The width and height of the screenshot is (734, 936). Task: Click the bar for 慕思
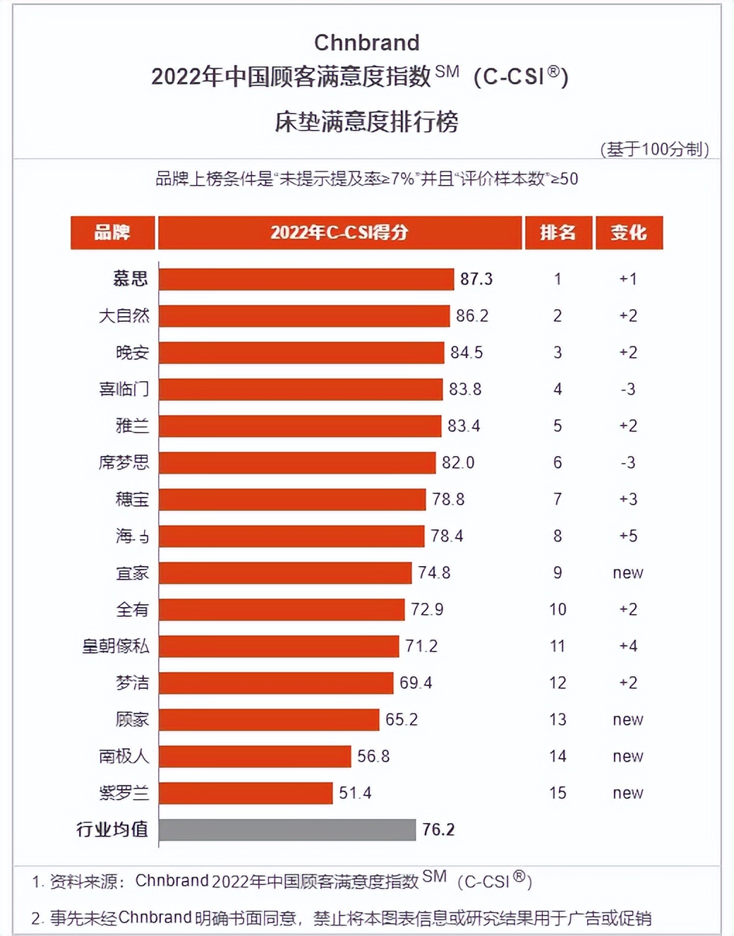point(306,279)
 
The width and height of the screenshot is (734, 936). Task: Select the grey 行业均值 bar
point(287,829)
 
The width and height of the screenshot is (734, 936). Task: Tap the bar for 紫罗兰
point(245,793)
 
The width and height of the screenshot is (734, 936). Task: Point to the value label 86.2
point(472,316)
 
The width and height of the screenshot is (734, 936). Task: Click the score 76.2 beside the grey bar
point(438,829)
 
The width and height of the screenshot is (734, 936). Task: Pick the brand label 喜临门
point(124,389)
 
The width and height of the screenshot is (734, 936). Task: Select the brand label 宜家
point(132,572)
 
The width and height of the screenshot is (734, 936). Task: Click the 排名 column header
point(558,232)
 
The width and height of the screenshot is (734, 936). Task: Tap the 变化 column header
point(629,232)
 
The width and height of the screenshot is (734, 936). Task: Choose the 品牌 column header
point(112,232)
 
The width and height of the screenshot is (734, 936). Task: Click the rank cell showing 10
point(558,609)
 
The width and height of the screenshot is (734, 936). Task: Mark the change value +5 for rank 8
point(628,536)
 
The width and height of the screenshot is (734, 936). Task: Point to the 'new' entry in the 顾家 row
point(628,719)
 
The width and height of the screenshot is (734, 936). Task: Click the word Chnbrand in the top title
point(366,42)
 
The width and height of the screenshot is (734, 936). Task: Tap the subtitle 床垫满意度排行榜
point(366,122)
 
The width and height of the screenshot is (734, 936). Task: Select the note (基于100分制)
point(654,149)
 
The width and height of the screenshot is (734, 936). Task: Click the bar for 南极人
point(254,756)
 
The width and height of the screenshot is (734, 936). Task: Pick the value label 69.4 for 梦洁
point(416,683)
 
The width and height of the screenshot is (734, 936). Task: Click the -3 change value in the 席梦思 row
point(628,462)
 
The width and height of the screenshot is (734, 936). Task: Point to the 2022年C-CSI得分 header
point(339,232)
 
